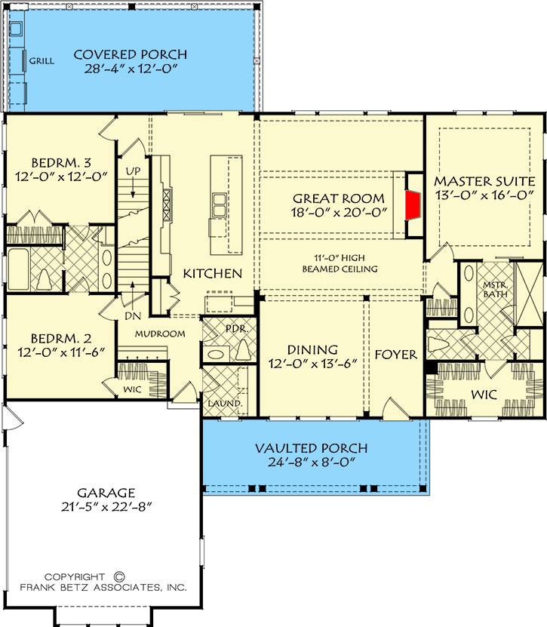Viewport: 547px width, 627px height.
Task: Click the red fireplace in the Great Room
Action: tap(413, 205)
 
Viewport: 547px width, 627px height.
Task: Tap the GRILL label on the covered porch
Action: tap(41, 61)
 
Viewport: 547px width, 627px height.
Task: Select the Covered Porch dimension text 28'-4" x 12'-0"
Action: tap(131, 69)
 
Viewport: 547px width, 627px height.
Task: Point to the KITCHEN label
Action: tap(212, 274)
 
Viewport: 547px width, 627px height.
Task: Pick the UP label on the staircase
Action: tap(133, 171)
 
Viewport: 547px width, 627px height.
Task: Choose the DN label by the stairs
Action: tap(133, 316)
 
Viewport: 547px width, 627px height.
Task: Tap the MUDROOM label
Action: tap(160, 333)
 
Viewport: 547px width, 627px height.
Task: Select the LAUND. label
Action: tap(225, 404)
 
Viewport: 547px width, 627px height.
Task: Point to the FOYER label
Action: tap(396, 355)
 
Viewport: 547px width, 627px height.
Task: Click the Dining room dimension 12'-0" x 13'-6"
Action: tap(312, 364)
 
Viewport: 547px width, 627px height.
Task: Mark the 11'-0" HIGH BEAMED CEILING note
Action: tap(340, 263)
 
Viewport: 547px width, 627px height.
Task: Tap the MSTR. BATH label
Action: tap(496, 290)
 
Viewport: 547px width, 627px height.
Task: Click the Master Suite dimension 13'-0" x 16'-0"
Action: tap(484, 195)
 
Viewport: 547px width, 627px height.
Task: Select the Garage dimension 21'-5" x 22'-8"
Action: tap(107, 507)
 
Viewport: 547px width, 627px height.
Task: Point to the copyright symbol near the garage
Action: tap(119, 576)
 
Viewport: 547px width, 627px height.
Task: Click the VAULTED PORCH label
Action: tap(312, 448)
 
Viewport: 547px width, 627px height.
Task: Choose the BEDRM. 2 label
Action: tap(61, 339)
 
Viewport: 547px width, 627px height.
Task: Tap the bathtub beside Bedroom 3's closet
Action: tap(18, 269)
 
